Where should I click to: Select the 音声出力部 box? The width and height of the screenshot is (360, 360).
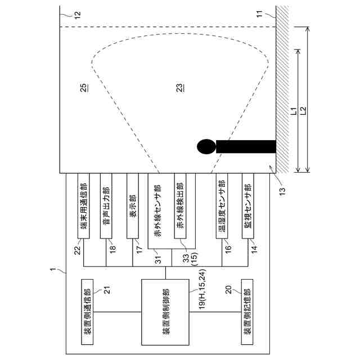(x=106, y=205)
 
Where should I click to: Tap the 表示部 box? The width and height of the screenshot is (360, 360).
(x=133, y=205)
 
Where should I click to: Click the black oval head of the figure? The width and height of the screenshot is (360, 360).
(x=206, y=146)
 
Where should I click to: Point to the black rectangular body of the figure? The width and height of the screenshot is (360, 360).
(x=245, y=146)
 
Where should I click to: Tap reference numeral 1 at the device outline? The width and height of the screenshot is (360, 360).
(x=53, y=271)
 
